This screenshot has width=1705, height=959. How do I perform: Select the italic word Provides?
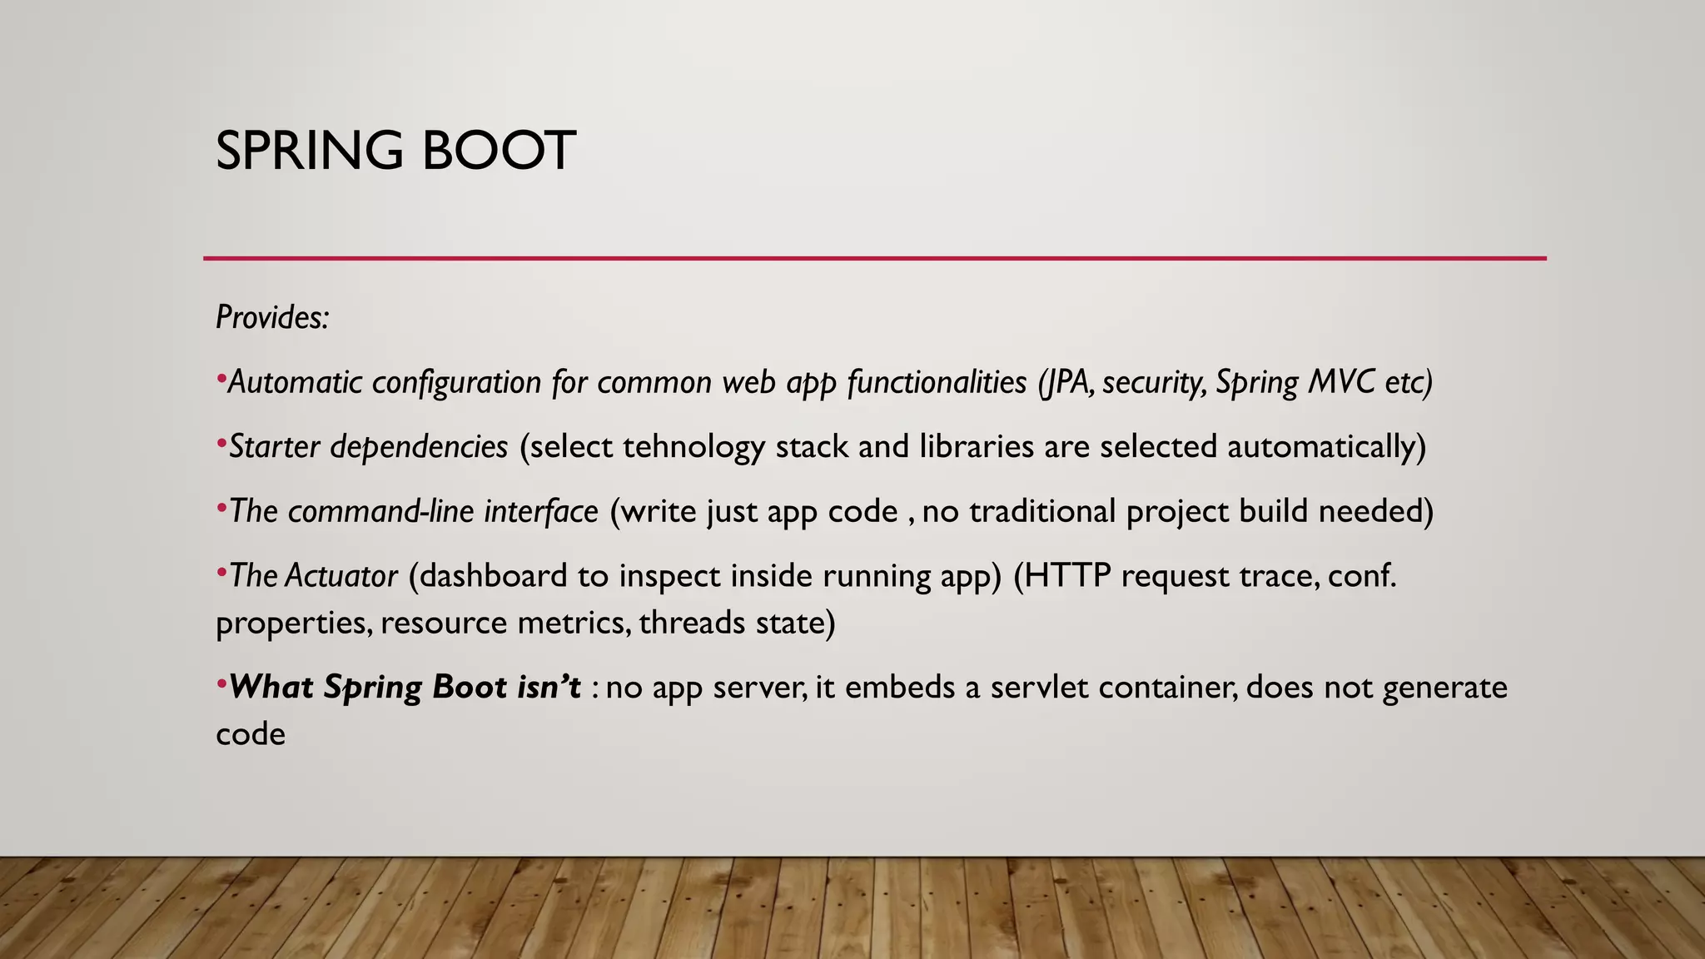click(x=272, y=317)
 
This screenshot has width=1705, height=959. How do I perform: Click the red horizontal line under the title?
click(x=874, y=258)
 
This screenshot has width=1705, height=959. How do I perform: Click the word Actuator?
click(x=341, y=576)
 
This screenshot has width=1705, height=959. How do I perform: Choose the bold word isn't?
click(x=545, y=688)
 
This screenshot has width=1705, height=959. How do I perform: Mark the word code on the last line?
click(x=250, y=734)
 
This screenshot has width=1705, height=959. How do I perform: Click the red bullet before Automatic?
click(x=221, y=380)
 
